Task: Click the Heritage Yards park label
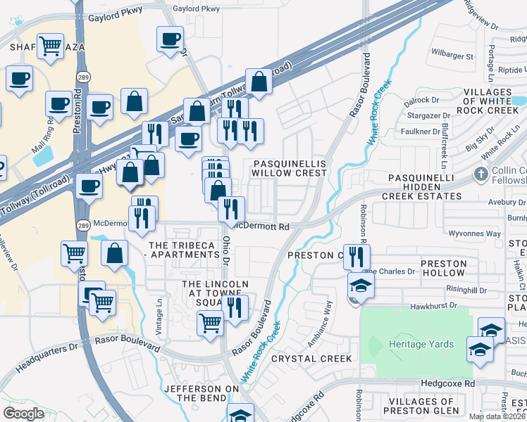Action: pyautogui.click(x=421, y=345)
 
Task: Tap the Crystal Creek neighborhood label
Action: pyautogui.click(x=311, y=359)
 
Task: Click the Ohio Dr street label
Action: pyautogui.click(x=227, y=250)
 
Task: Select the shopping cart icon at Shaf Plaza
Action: pyautogui.click(x=51, y=46)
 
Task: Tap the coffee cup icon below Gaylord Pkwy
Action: pyautogui.click(x=170, y=39)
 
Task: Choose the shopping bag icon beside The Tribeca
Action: pyautogui.click(x=114, y=253)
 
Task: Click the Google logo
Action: pyautogui.click(x=24, y=414)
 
